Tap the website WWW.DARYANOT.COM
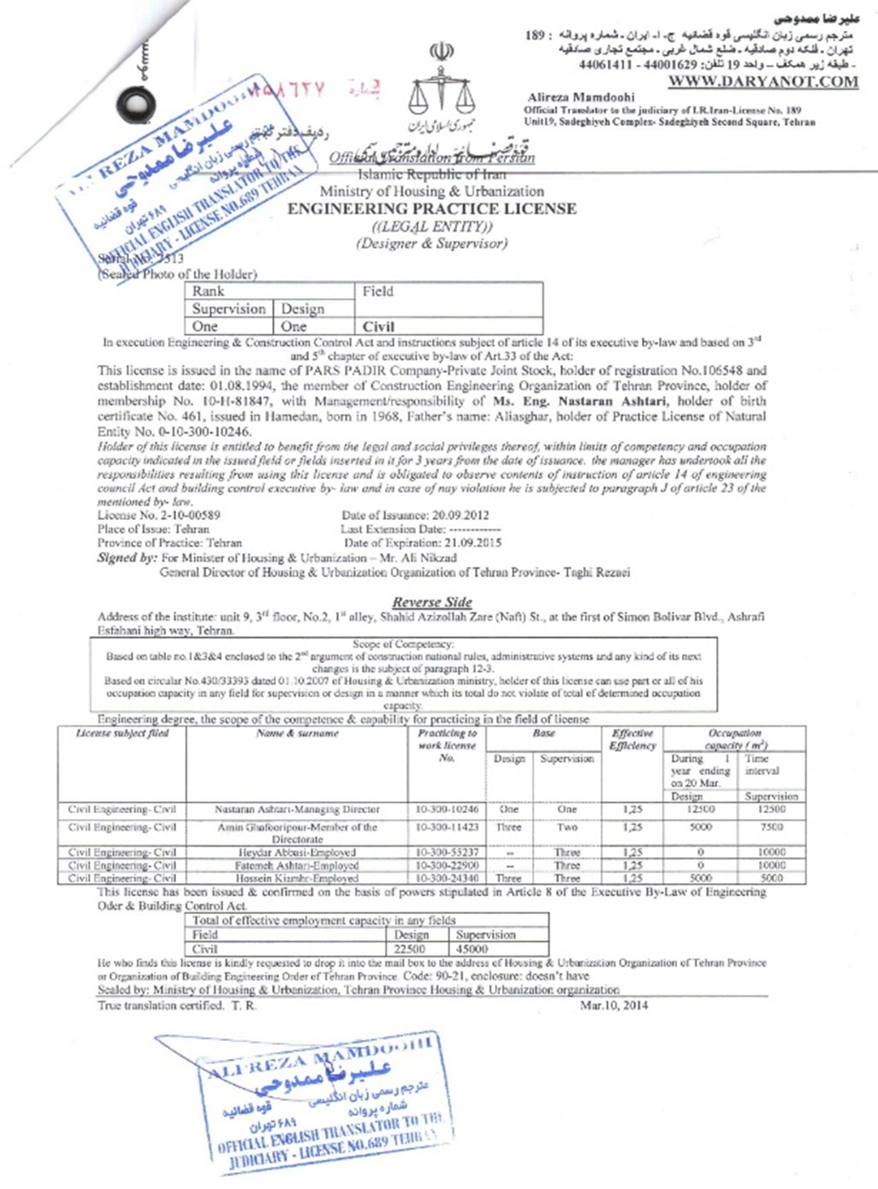(x=763, y=81)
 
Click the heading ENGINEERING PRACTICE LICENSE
(x=432, y=209)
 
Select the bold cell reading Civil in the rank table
(x=378, y=326)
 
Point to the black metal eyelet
(x=137, y=104)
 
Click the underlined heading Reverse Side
(x=432, y=602)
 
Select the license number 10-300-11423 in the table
(x=446, y=827)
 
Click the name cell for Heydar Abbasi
(x=297, y=852)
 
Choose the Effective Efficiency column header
(x=632, y=739)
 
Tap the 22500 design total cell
(x=410, y=949)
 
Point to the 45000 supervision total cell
(x=472, y=949)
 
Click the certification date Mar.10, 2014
(x=614, y=1006)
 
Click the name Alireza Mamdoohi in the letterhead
(x=581, y=97)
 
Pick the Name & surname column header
(x=297, y=734)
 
